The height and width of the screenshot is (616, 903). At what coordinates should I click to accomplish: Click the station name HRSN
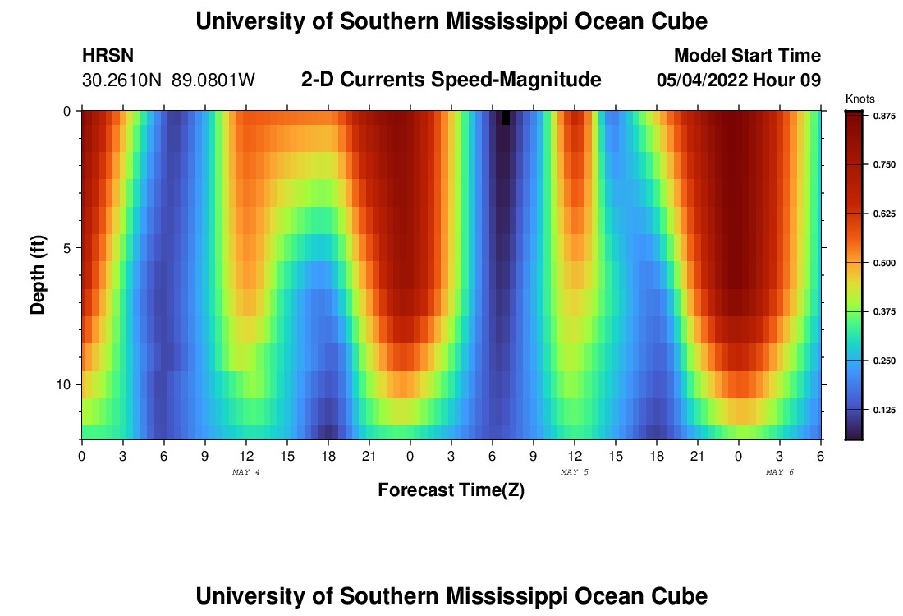point(108,56)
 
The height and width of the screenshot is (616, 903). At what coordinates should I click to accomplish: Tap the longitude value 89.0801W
point(213,80)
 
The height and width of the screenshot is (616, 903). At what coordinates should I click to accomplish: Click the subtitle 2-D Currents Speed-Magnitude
point(451,80)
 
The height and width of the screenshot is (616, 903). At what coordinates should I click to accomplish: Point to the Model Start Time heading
point(747,56)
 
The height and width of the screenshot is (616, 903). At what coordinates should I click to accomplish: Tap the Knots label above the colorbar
point(859,99)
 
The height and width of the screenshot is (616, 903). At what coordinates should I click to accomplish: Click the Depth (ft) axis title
point(38,275)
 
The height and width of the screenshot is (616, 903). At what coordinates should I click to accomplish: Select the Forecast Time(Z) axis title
point(451,490)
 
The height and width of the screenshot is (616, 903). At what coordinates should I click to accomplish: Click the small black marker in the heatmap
point(506,117)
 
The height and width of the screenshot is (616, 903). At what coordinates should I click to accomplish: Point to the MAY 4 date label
point(246,472)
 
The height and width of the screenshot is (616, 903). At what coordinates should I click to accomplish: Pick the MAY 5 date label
point(575,472)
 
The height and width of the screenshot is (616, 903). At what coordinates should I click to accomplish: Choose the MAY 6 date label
point(780,472)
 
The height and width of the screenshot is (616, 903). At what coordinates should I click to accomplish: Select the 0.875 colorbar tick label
point(883,117)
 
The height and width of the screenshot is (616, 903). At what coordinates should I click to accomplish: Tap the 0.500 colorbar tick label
point(883,263)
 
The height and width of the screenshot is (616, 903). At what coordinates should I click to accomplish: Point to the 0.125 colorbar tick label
point(883,409)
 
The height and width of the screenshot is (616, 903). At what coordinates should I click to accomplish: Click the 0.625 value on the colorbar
point(883,214)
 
